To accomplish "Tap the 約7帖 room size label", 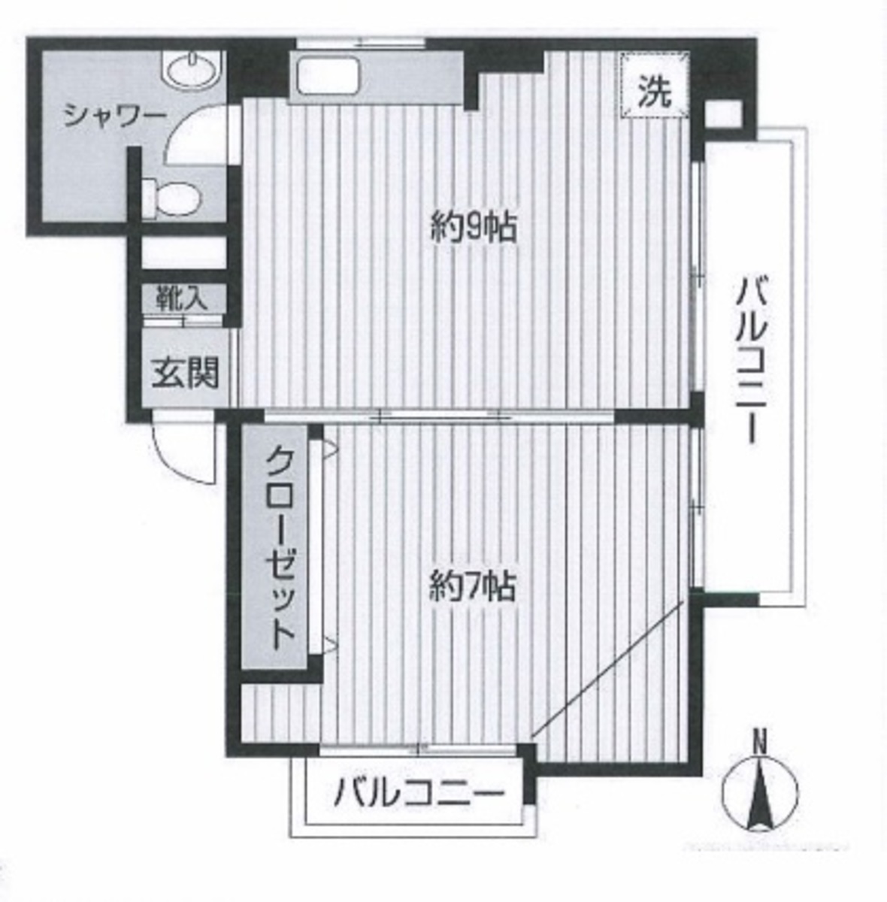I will click(473, 586).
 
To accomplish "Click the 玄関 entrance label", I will click(186, 372).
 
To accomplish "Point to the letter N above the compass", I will click(761, 746).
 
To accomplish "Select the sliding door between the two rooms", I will click(440, 414).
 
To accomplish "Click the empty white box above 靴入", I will click(183, 254).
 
